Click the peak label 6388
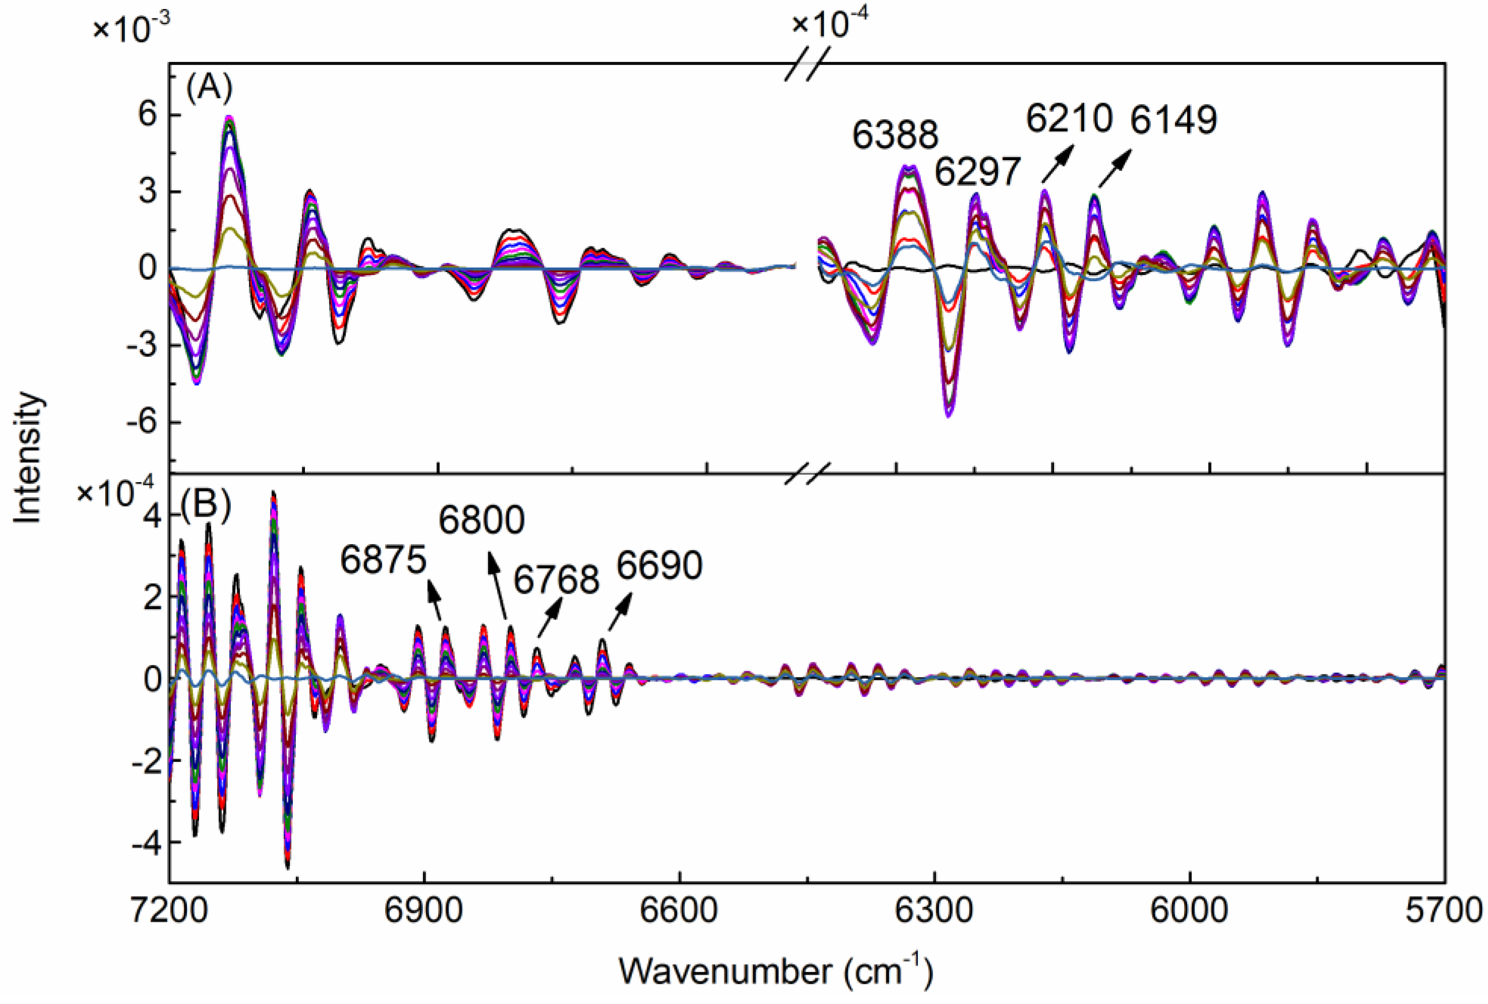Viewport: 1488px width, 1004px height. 895,135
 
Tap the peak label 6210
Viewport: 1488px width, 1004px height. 1069,118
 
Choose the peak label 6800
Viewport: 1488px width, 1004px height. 481,520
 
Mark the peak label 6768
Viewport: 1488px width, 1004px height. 556,580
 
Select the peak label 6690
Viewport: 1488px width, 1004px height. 659,565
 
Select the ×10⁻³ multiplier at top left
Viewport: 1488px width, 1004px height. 131,28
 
